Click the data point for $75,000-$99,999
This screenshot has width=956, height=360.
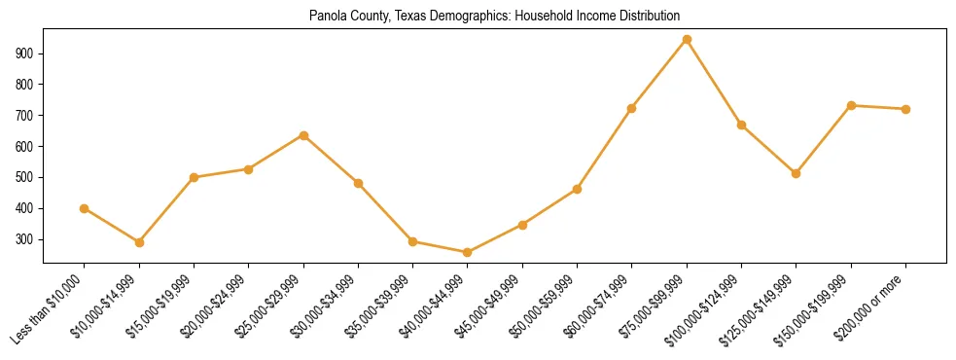click(687, 40)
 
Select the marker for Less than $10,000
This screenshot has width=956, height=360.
click(84, 208)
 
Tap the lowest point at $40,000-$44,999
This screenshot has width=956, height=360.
click(468, 253)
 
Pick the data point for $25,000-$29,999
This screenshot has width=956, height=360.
click(303, 135)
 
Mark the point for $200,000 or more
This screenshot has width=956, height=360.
click(905, 109)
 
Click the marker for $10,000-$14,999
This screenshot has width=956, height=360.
click(139, 242)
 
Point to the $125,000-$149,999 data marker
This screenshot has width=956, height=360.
click(796, 173)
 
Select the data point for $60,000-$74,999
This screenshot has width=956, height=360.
click(632, 108)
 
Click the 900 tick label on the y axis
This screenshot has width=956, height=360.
click(28, 54)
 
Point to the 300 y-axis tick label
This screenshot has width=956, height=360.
click(28, 239)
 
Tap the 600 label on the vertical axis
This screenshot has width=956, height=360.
click(28, 147)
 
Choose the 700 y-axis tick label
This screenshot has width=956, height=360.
click(28, 116)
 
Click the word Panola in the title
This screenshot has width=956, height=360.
click(325, 17)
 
